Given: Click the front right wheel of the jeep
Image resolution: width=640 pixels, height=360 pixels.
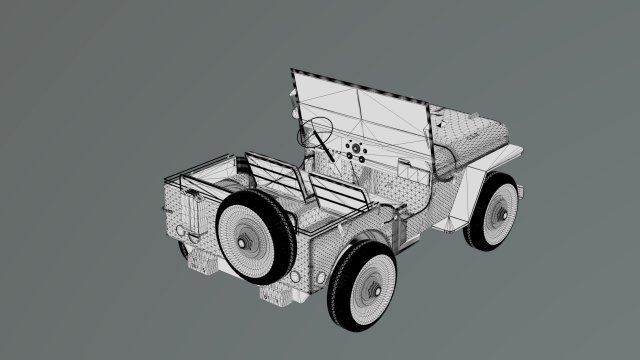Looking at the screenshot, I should tap(494, 213).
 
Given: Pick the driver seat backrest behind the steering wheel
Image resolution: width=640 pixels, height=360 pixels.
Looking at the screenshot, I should tap(272, 176).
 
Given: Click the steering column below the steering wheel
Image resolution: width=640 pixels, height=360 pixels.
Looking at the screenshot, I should tap(326, 152).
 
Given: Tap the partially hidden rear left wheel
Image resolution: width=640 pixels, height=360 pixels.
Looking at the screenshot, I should tap(184, 250).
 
